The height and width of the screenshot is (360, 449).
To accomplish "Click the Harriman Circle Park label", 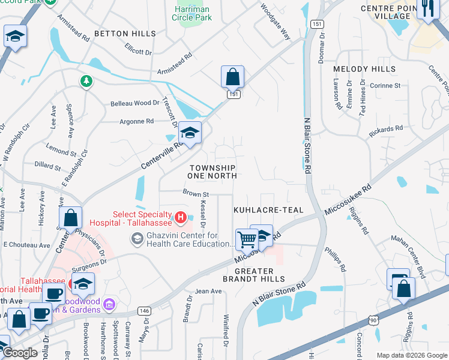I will point(192,13).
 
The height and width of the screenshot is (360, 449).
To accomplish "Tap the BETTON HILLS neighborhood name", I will point(125,34).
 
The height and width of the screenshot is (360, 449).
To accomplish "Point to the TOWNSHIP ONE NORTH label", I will point(213,172).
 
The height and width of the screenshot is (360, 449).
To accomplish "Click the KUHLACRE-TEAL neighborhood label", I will point(268,210).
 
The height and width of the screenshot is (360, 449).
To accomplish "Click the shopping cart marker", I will point(246,239).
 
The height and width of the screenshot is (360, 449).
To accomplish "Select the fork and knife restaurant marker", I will point(427,8).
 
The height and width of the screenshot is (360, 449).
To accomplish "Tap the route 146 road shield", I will point(143,310).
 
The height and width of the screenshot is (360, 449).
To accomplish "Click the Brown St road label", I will point(196,194).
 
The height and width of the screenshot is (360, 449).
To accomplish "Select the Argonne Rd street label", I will point(137,121).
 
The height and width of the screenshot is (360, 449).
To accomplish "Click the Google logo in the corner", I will point(20,353).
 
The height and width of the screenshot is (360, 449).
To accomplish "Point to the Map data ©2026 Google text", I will point(411,355).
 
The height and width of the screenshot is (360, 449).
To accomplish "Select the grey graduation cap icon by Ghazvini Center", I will point(137,239).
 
